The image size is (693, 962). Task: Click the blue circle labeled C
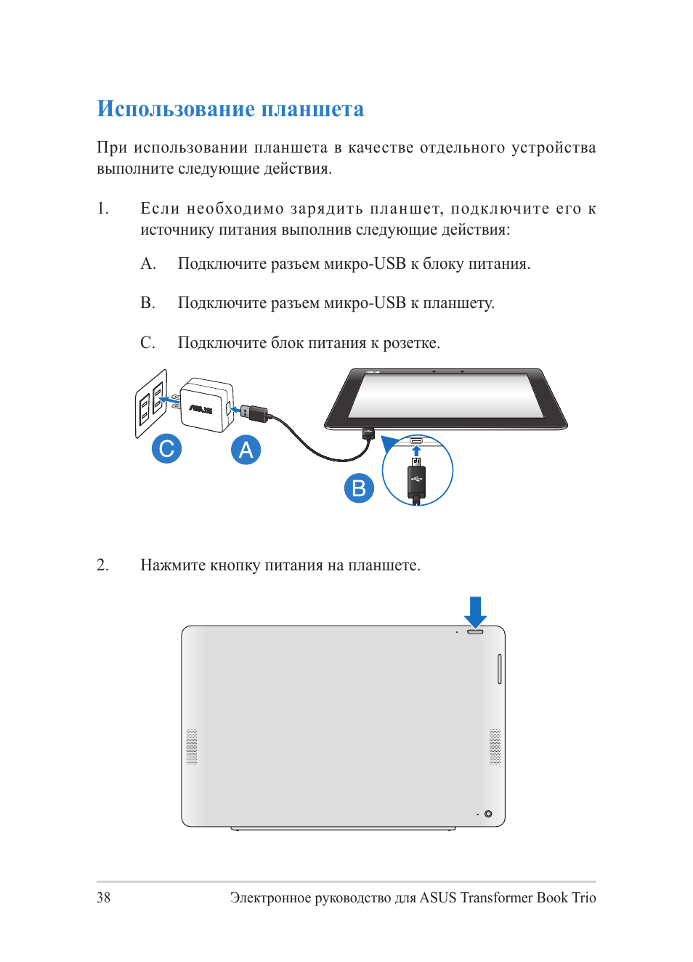[x=166, y=448]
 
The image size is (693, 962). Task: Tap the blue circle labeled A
[x=246, y=450]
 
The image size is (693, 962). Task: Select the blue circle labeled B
[x=359, y=488]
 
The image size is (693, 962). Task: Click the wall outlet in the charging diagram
[x=151, y=403]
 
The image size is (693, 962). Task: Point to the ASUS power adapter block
[x=206, y=405]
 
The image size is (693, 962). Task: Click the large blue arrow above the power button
[x=475, y=611]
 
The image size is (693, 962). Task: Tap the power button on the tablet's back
[x=475, y=631]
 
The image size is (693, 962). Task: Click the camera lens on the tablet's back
[x=488, y=814]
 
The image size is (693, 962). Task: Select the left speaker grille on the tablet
[x=192, y=747]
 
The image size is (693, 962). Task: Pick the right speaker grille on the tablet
[x=495, y=747]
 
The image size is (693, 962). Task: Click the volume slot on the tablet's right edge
[x=500, y=668]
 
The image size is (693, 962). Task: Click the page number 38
[x=104, y=897]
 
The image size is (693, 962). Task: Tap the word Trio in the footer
[x=583, y=897]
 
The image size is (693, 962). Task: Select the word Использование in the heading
[x=176, y=109]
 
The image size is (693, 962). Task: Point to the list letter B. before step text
[x=147, y=303]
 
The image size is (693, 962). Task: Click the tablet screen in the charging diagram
[x=446, y=395]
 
